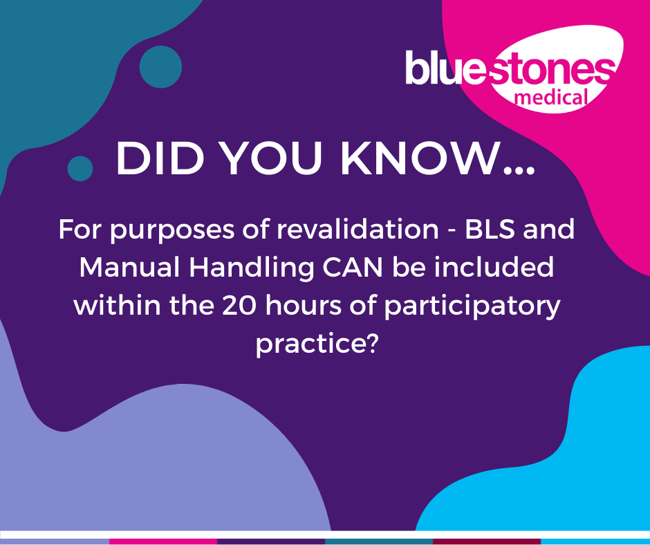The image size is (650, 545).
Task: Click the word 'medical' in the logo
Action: pos(551,98)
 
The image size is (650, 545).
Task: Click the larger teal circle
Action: pos(160,67)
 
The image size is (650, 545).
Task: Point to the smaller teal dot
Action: pos(80,168)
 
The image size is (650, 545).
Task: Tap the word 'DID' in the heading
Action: pos(160,159)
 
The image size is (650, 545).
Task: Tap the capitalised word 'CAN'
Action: pos(353,267)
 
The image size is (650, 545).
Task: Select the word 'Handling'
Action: pos(252,268)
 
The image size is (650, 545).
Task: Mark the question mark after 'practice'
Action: pos(372,344)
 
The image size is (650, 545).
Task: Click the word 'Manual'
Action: pos(130,267)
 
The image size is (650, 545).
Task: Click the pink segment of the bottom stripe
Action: pos(163,542)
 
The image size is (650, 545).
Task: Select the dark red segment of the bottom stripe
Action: pos(487,542)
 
